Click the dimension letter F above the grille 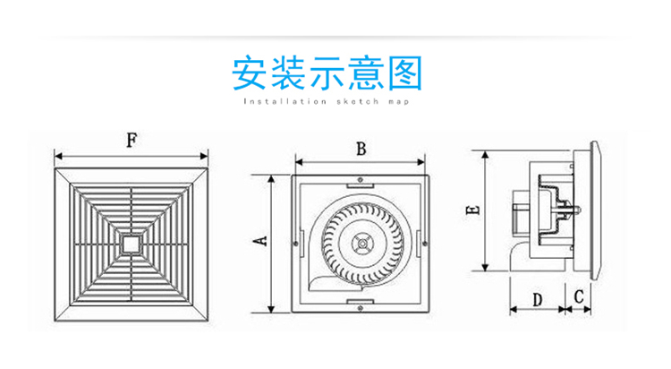click(x=132, y=140)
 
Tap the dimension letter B click(x=360, y=150)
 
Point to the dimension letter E click(x=474, y=209)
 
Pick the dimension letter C click(x=579, y=296)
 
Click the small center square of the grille click(x=132, y=242)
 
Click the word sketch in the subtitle click(x=356, y=102)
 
